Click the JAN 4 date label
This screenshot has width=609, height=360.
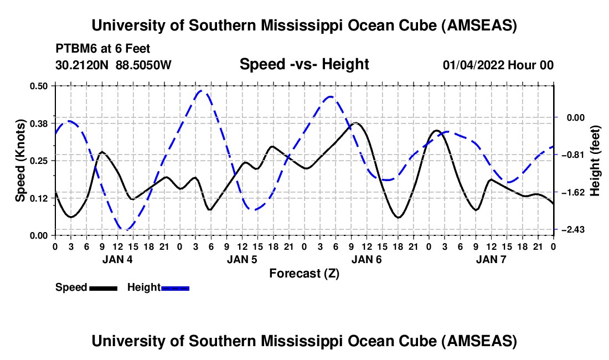(x=117, y=259)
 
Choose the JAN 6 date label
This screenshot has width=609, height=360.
(x=367, y=259)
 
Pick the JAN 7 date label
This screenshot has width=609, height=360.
(x=491, y=259)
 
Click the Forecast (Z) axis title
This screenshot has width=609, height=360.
(x=304, y=273)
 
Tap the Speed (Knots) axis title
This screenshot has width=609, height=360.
(x=20, y=160)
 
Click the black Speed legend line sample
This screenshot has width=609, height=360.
(x=103, y=288)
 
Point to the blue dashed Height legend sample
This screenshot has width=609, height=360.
(x=175, y=288)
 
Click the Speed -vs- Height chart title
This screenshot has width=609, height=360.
(x=304, y=64)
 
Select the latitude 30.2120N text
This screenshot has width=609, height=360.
(x=83, y=65)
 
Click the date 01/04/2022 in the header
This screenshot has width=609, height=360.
(x=473, y=65)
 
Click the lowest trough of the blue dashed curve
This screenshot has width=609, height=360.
(x=127, y=229)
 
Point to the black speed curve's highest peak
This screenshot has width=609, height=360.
(x=355, y=123)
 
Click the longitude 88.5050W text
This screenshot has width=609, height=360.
(x=144, y=65)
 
